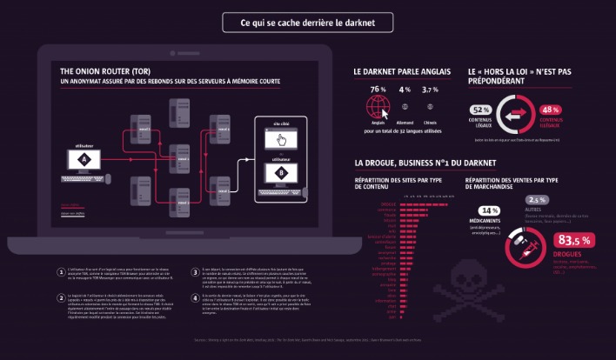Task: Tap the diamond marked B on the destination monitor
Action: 280,173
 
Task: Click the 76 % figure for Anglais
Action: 378,90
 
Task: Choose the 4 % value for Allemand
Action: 405,90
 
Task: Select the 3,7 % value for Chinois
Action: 430,90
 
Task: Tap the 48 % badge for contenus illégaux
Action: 550,110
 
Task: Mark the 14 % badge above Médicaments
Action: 488,210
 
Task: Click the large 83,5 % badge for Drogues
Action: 573,240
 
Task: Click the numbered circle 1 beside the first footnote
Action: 59,246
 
